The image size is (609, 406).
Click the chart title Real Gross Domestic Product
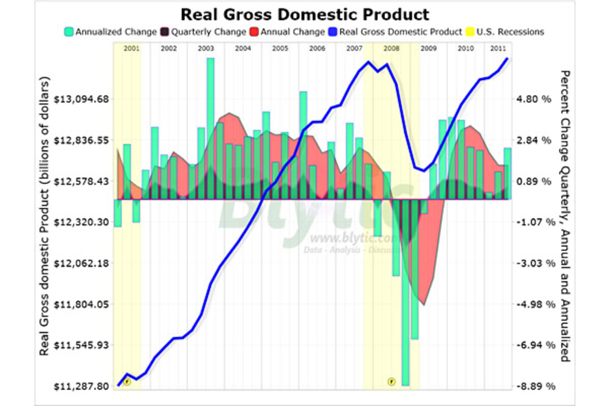[x=304, y=14]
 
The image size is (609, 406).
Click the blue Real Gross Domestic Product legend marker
[x=333, y=32]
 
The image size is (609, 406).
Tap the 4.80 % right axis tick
[x=533, y=99]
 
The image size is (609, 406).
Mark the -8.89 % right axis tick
[x=533, y=386]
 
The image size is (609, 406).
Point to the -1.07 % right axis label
[x=533, y=222]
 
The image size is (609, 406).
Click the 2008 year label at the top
[x=391, y=48]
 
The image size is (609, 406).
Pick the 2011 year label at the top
[x=497, y=48]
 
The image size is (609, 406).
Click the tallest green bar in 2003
[x=210, y=127]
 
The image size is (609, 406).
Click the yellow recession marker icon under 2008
[x=391, y=381]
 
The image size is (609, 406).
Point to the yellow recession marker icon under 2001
[x=127, y=381]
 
